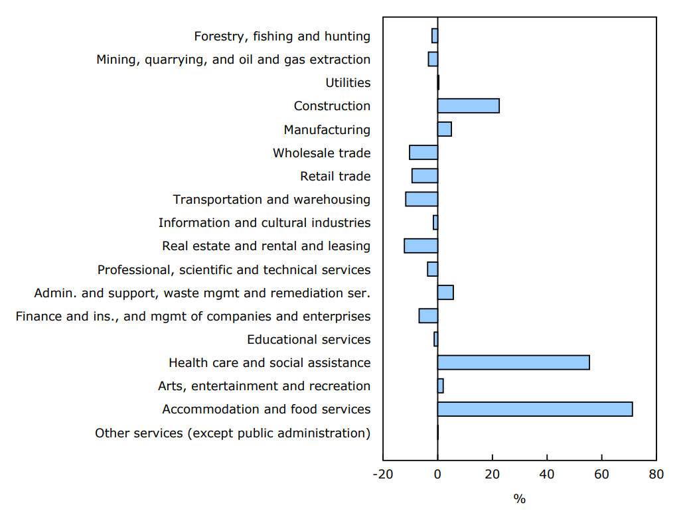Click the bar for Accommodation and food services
[x=535, y=409]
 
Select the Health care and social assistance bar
[x=513, y=362]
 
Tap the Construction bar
[x=468, y=106]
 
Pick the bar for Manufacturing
[x=444, y=129]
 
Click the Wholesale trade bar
[x=423, y=153]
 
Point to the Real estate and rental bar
[x=421, y=246]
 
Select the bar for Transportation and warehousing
[x=421, y=199]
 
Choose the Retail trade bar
[x=425, y=176]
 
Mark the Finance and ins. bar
[x=428, y=316]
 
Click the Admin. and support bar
[x=445, y=293]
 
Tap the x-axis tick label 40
[x=547, y=475]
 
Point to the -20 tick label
[x=382, y=475]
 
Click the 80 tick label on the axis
[x=656, y=475]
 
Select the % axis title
[x=519, y=498]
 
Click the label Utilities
[x=348, y=83]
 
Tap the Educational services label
[x=309, y=340]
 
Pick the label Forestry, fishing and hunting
[x=282, y=36]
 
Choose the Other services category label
[x=232, y=433]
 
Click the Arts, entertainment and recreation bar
[x=440, y=386]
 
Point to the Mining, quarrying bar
[x=433, y=59]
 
